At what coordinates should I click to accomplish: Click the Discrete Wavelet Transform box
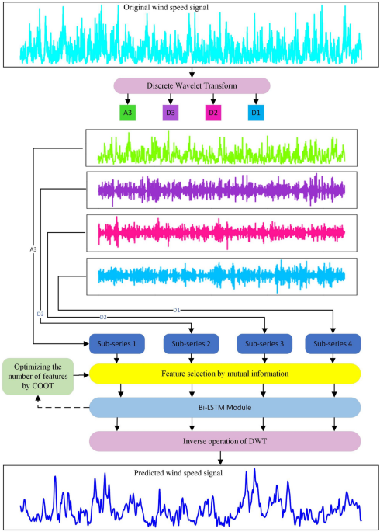tap(191, 86)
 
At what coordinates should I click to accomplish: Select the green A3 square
tap(128, 113)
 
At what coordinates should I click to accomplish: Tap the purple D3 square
tap(171, 113)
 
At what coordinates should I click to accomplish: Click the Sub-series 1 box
tap(116, 343)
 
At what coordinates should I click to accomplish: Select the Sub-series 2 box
tap(190, 343)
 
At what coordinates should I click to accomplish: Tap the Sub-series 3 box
tap(264, 343)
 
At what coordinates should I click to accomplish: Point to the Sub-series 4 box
tap(333, 343)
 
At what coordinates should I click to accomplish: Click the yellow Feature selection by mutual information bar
tap(226, 374)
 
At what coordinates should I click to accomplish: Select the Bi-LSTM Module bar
tap(226, 407)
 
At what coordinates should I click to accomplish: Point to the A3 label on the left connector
tap(33, 250)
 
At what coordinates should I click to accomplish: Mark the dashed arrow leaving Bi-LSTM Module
tap(62, 407)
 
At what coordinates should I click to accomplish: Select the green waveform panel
tap(221, 148)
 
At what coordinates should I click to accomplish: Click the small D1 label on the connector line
tap(177, 310)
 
